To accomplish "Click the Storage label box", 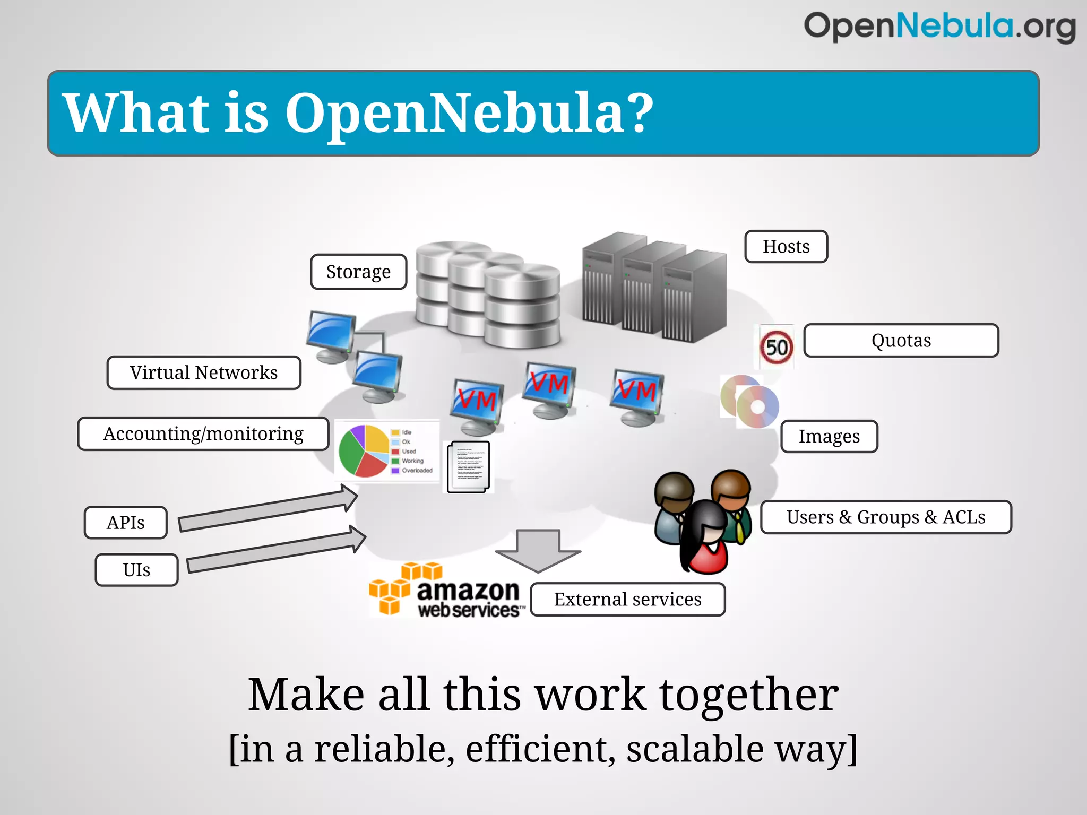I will click(358, 272).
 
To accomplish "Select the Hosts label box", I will click(786, 247).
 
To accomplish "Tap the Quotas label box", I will click(901, 341).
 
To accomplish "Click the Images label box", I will click(829, 436).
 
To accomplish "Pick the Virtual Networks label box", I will click(204, 372).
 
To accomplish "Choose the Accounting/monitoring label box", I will click(203, 434).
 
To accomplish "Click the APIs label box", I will click(126, 523).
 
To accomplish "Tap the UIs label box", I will click(136, 570).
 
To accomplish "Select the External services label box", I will click(627, 600).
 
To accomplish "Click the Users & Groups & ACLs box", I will click(886, 517).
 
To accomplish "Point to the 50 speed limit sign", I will click(776, 347).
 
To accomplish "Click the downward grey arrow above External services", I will click(538, 550).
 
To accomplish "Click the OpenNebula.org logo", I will click(939, 27).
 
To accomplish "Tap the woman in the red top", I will click(705, 539).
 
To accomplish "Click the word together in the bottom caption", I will click(748, 695).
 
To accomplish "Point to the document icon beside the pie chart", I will click(468, 467).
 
